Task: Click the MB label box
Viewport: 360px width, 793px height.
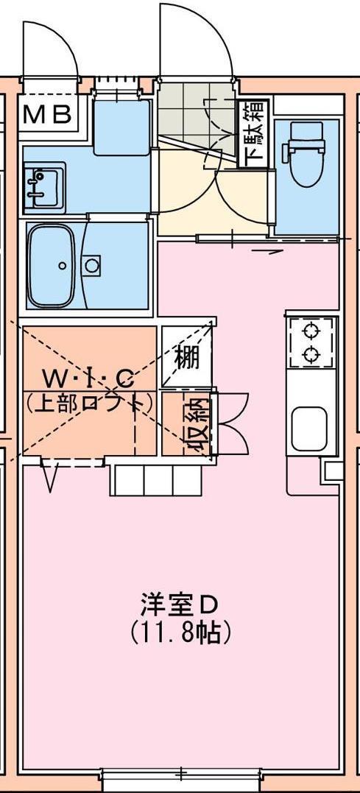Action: pyautogui.click(x=48, y=114)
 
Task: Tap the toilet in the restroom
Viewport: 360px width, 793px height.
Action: pyautogui.click(x=306, y=152)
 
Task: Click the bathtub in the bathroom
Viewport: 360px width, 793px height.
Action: pyautogui.click(x=51, y=266)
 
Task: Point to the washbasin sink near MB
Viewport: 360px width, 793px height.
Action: pyautogui.click(x=44, y=186)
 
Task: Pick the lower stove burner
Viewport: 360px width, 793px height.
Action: pyautogui.click(x=311, y=354)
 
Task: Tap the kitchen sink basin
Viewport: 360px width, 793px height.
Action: pyautogui.click(x=309, y=429)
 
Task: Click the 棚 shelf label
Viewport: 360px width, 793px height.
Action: pyautogui.click(x=187, y=358)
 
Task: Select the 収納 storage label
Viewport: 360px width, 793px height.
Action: pyautogui.click(x=196, y=425)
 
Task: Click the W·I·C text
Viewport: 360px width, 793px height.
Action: pyautogui.click(x=88, y=378)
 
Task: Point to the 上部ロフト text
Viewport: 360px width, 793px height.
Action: pyautogui.click(x=89, y=403)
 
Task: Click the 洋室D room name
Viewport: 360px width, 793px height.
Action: pyautogui.click(x=179, y=605)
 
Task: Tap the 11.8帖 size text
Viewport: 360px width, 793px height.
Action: pyautogui.click(x=180, y=631)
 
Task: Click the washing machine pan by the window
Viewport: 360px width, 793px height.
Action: pyautogui.click(x=122, y=127)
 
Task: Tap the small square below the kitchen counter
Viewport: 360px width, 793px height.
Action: pyautogui.click(x=333, y=470)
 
